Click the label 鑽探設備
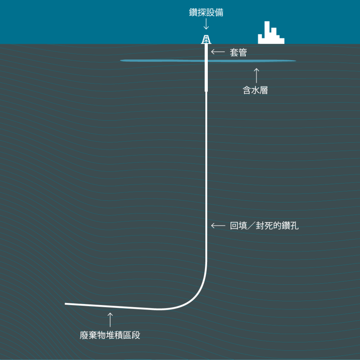pos(206,12)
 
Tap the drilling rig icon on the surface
pos(206,39)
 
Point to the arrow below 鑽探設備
pos(206,24)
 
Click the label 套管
pos(238,53)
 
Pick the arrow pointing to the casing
pos(218,52)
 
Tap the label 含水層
pos(255,90)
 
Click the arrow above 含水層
pos(256,76)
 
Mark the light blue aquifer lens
pos(208,60)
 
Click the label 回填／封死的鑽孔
pos(264,226)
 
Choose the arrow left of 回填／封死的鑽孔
pos(218,226)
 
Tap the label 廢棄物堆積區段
pos(110,335)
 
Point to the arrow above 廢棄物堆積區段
pos(110,320)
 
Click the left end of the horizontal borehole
pos(65,304)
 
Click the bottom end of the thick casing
pos(206,91)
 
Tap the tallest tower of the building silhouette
pos(267,30)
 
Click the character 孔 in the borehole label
pos(294,226)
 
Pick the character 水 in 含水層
pos(255,90)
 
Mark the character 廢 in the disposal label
pos(84,335)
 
